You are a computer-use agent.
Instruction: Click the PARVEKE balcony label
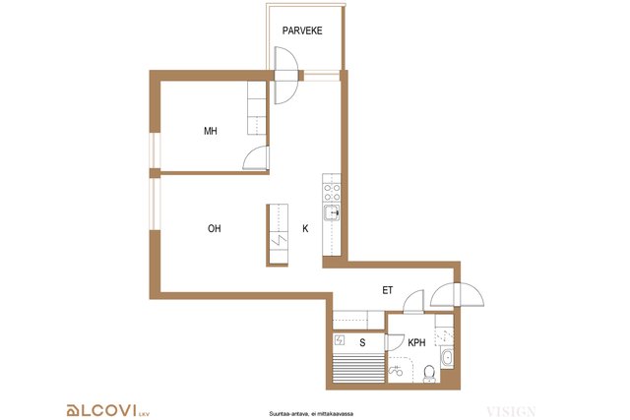(x=302, y=30)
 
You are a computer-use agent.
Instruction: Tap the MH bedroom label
(x=211, y=131)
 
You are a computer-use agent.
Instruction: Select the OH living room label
(x=215, y=228)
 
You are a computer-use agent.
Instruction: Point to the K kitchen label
(x=305, y=228)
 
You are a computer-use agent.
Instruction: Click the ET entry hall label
(x=387, y=290)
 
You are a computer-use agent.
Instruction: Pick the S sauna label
(x=362, y=343)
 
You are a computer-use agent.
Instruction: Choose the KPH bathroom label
(x=416, y=343)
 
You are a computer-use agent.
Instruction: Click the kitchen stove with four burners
(x=332, y=193)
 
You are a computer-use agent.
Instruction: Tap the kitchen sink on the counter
(x=332, y=212)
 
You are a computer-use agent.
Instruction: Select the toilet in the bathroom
(x=429, y=374)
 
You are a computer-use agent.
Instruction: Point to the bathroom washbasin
(x=447, y=358)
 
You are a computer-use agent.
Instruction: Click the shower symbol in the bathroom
(x=396, y=371)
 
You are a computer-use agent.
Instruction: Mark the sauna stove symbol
(x=340, y=340)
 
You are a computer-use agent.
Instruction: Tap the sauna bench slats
(x=358, y=367)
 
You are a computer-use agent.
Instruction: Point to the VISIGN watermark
(x=511, y=411)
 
